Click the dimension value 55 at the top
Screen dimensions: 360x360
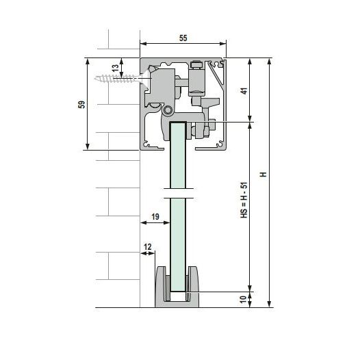tap(183, 38)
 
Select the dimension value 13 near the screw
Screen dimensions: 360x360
tap(116, 68)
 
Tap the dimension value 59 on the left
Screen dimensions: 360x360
tap(81, 105)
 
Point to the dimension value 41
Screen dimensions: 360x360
tap(245, 91)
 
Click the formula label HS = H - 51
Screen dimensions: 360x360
tap(244, 200)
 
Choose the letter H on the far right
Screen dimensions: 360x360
tap(263, 175)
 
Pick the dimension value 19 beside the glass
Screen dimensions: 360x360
tap(155, 216)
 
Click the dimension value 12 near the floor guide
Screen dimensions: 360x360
tap(148, 247)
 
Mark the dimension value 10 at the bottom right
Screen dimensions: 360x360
tap(243, 299)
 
